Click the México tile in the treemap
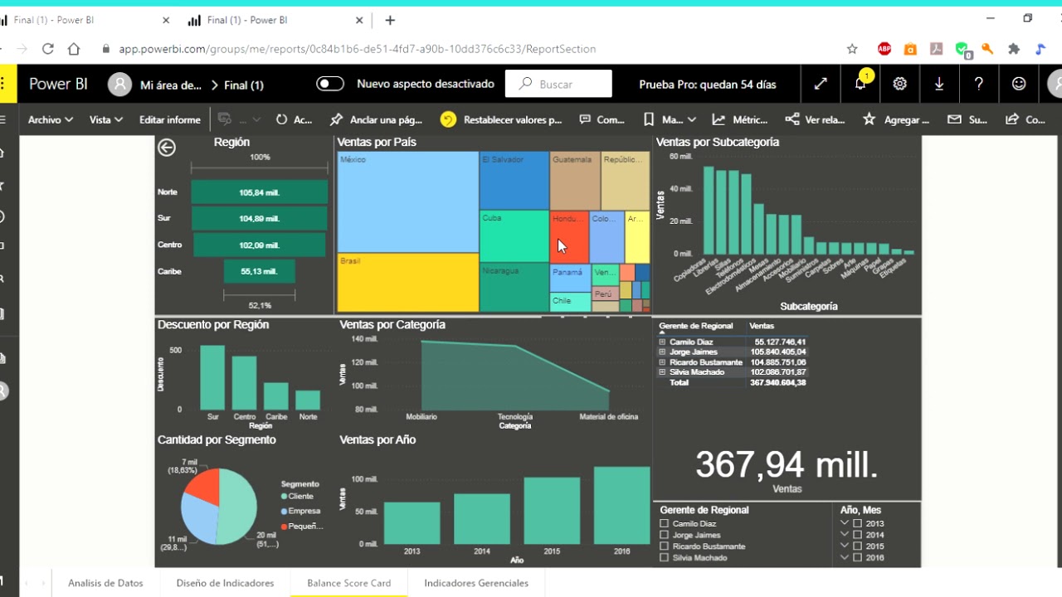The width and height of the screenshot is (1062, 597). (407, 201)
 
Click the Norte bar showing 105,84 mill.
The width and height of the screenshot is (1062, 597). (259, 192)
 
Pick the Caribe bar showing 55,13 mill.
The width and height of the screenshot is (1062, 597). (259, 271)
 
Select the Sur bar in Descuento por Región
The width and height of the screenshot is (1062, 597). (212, 378)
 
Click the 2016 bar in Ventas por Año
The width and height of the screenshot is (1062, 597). (621, 506)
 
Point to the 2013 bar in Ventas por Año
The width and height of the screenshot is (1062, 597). (412, 523)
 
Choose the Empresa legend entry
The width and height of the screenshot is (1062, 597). (304, 511)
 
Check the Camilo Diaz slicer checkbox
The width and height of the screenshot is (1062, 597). (664, 524)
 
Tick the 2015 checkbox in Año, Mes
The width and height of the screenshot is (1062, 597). (857, 546)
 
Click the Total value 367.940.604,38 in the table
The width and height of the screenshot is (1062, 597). (777, 382)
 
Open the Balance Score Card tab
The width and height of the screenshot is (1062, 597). (348, 583)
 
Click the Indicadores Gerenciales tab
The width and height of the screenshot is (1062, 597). (476, 583)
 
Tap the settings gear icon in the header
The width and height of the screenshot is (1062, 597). (899, 84)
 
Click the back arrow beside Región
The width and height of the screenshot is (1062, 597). (167, 148)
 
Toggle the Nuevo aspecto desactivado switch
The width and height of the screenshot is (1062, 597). (330, 84)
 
